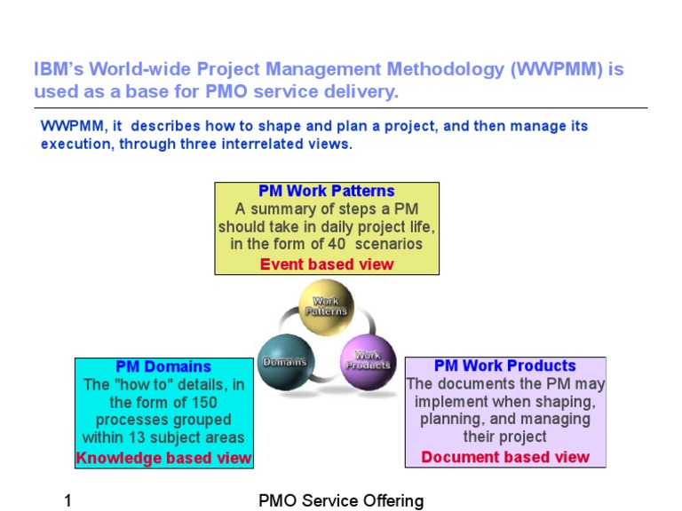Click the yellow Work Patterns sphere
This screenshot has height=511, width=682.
(x=326, y=307)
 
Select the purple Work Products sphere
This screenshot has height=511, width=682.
(x=368, y=360)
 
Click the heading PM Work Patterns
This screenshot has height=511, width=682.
(x=327, y=191)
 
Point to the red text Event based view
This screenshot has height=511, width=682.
(x=327, y=263)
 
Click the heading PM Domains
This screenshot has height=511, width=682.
(x=163, y=366)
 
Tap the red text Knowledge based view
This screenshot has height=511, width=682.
(x=163, y=458)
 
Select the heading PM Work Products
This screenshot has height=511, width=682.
(x=505, y=366)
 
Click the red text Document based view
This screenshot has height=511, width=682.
(x=505, y=457)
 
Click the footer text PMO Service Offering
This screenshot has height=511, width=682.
(x=341, y=501)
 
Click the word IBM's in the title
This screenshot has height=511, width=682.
(x=58, y=70)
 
